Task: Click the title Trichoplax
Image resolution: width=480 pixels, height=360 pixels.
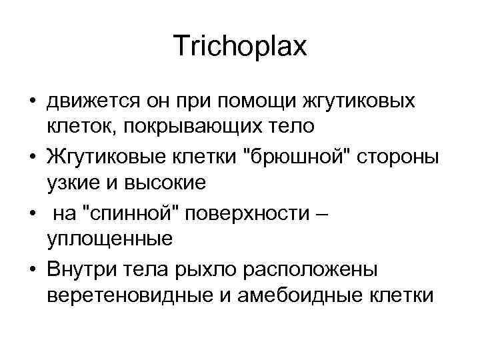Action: [x=239, y=47]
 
